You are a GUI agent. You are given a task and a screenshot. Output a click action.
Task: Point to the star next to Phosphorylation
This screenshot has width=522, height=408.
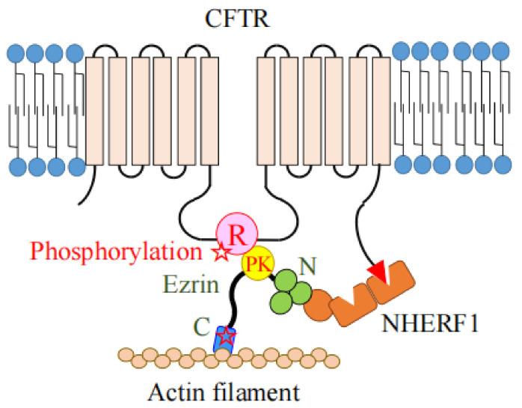pos(221,253)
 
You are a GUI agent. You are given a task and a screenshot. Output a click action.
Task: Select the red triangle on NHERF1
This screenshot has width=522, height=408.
pos(380,275)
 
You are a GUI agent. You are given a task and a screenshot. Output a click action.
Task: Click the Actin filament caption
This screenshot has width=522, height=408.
pos(224,390)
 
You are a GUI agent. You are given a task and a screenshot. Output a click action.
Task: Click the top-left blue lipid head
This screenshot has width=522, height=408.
pos(16,53)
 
